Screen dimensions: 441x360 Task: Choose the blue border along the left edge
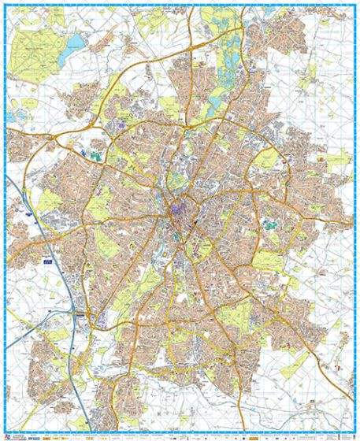click(x=3, y=220)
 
